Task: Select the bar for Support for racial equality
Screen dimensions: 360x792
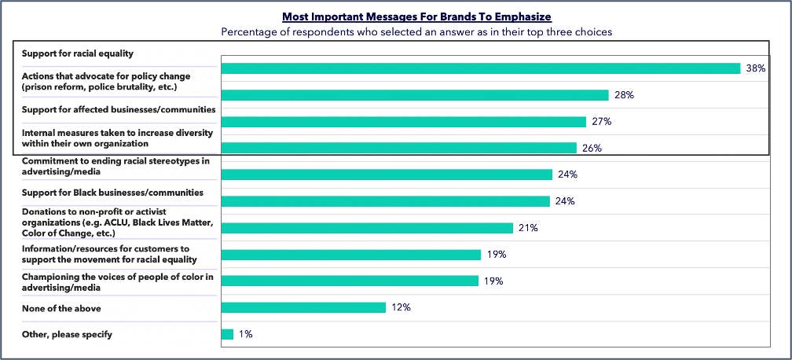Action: (481, 68)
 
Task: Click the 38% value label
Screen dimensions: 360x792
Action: (755, 68)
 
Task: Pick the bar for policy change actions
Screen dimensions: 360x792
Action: (415, 95)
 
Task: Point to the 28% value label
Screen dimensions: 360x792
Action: (624, 95)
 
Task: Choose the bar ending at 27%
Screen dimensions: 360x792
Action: (404, 122)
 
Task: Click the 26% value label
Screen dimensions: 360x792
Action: (591, 148)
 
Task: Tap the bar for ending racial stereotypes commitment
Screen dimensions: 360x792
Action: (387, 174)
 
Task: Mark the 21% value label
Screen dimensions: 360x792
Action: (527, 228)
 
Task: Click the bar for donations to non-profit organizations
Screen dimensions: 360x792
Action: (367, 228)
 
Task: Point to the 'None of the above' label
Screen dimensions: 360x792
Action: (61, 308)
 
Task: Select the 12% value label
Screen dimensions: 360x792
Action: (401, 307)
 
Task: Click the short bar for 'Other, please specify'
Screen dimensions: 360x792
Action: (228, 334)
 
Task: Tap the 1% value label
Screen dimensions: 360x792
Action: (245, 334)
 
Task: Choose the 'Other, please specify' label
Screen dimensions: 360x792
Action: (68, 335)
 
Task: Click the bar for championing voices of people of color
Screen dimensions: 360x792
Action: (350, 281)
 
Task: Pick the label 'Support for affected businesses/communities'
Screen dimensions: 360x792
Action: (119, 108)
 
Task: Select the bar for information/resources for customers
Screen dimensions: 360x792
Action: (351, 255)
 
